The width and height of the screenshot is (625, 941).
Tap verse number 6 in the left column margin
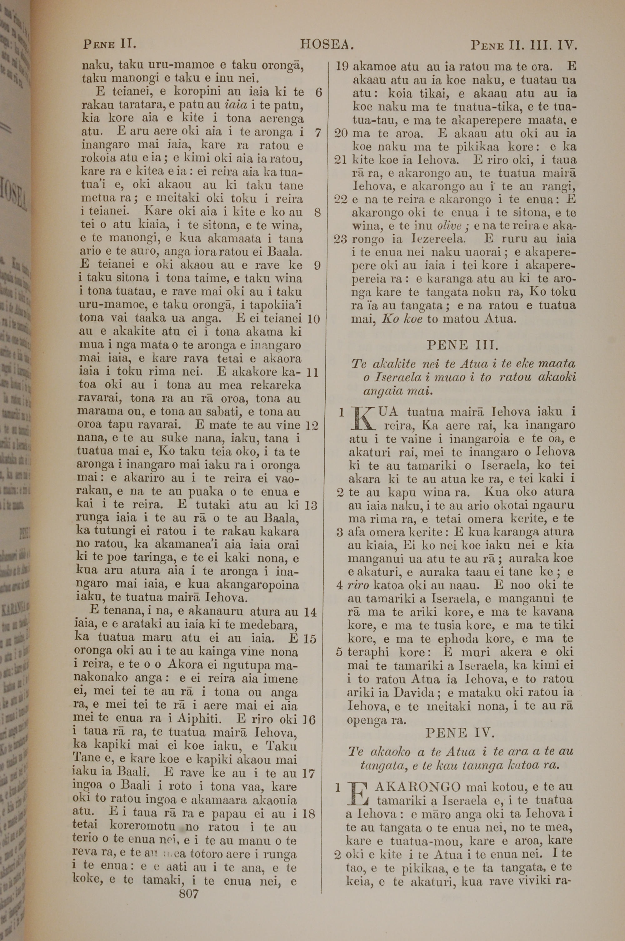318,93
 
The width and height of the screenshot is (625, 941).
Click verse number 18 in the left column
309,813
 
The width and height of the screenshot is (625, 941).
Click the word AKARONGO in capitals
418,787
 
